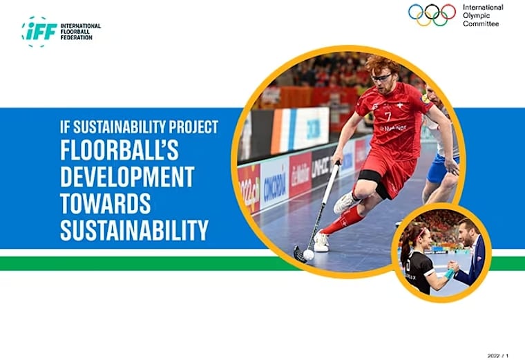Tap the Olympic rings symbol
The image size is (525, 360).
tap(432, 15)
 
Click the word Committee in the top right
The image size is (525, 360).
tap(480, 23)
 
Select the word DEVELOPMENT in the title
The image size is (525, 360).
tap(126, 177)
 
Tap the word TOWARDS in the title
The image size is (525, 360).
tap(104, 204)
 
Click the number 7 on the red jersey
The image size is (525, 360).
tap(388, 115)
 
